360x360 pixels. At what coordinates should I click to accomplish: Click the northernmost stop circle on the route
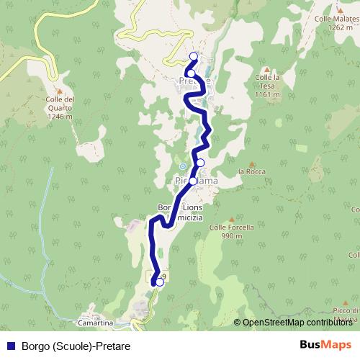pos(193,56)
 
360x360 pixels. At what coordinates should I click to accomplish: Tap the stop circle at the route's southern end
pos(159,282)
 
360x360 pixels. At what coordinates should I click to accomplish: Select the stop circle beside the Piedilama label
pos(193,181)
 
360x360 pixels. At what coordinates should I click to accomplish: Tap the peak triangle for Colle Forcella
pos(231,219)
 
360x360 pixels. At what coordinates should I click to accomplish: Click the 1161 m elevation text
pos(266,95)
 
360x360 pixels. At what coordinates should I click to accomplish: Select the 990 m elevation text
pos(231,235)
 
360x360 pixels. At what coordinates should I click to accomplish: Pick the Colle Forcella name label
pos(231,227)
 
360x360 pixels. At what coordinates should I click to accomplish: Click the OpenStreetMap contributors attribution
pos(297,322)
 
